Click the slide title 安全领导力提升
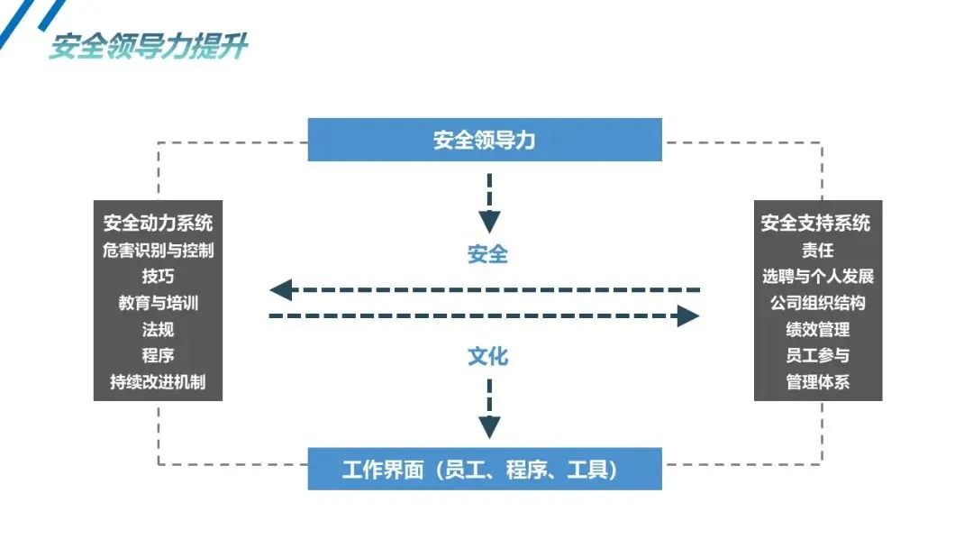tap(149, 46)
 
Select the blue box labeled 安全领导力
tap(485, 140)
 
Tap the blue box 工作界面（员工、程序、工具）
tap(485, 469)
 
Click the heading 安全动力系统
tap(158, 223)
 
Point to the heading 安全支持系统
tap(815, 223)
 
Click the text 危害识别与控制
tap(158, 250)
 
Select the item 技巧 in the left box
tap(158, 276)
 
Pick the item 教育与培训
tap(158, 302)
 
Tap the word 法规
tap(158, 329)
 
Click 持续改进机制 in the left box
tap(158, 381)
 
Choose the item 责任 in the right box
tap(817, 250)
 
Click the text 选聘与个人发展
tap(818, 276)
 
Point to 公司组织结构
tap(817, 302)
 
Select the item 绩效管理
tap(817, 329)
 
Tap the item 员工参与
tap(817, 355)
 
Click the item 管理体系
tap(817, 381)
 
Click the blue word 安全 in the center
tap(487, 254)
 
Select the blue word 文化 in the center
tap(487, 356)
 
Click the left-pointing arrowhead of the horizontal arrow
tap(281, 290)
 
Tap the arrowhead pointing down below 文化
tap(489, 427)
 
